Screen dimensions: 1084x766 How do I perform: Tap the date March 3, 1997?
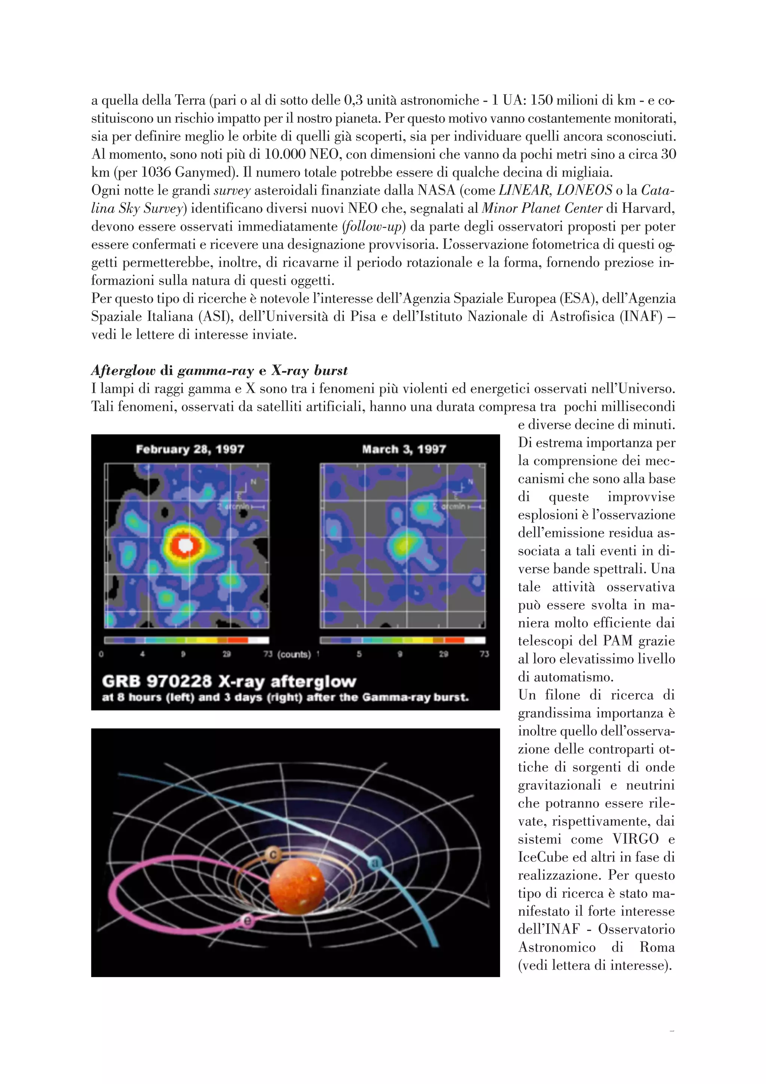[x=404, y=449]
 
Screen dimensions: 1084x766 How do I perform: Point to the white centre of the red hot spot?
[x=186, y=545]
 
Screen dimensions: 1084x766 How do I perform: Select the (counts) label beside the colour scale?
[x=294, y=654]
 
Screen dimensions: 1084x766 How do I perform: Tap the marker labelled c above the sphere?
[x=272, y=854]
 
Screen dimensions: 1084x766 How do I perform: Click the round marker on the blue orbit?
[x=375, y=862]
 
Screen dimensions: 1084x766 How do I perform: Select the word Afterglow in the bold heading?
[x=123, y=371]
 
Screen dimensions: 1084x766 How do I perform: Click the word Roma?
[x=658, y=947]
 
